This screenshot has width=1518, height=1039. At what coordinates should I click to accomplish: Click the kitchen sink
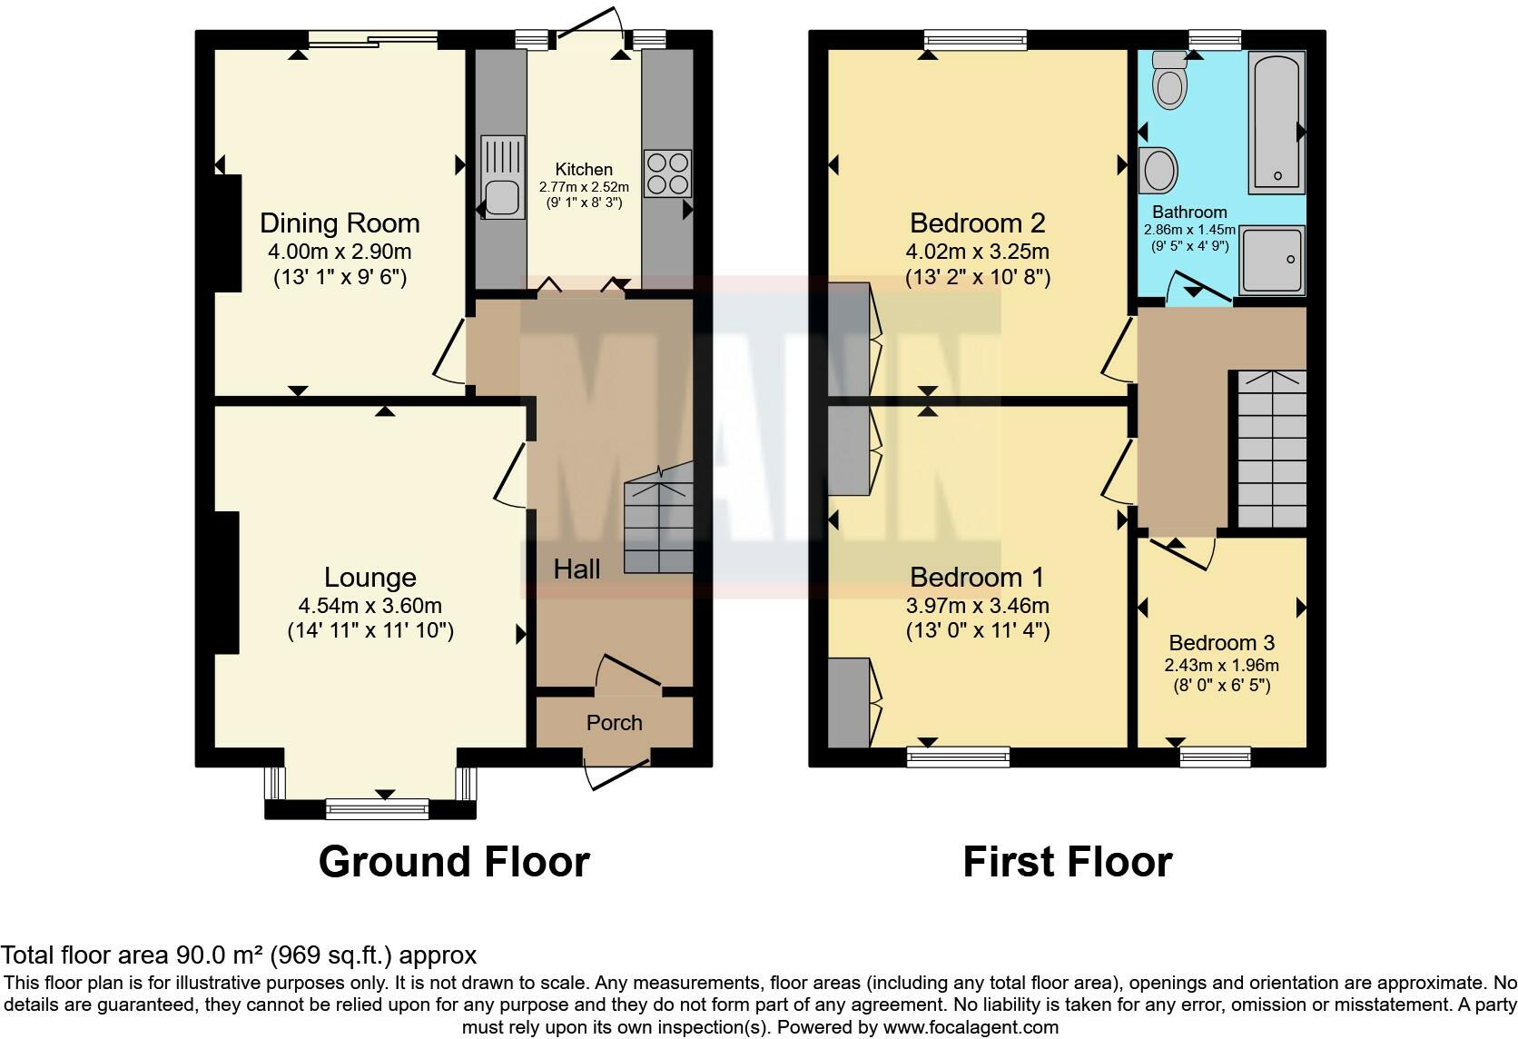point(503,178)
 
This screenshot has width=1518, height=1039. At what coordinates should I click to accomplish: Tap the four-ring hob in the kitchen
point(667,173)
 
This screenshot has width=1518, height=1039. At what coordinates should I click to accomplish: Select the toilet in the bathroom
point(1169,83)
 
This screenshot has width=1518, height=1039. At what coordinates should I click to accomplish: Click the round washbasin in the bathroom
point(1158,171)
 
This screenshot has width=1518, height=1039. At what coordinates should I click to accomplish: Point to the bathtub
point(1276,123)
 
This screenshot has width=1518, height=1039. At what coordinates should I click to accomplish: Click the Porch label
point(615,723)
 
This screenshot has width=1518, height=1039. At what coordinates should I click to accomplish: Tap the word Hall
point(577,569)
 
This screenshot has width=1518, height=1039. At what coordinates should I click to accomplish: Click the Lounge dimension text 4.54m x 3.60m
point(370,606)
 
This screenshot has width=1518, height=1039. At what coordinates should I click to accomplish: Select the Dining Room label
point(340,223)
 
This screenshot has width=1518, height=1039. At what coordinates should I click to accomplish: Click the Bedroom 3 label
point(1221,643)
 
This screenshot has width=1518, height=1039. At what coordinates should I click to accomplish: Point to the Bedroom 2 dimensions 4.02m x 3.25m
point(978,252)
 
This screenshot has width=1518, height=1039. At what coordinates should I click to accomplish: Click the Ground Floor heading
point(454,861)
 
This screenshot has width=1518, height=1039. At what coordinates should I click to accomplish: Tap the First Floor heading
point(1067,861)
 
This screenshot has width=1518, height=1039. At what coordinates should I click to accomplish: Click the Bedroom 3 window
point(1215,756)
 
